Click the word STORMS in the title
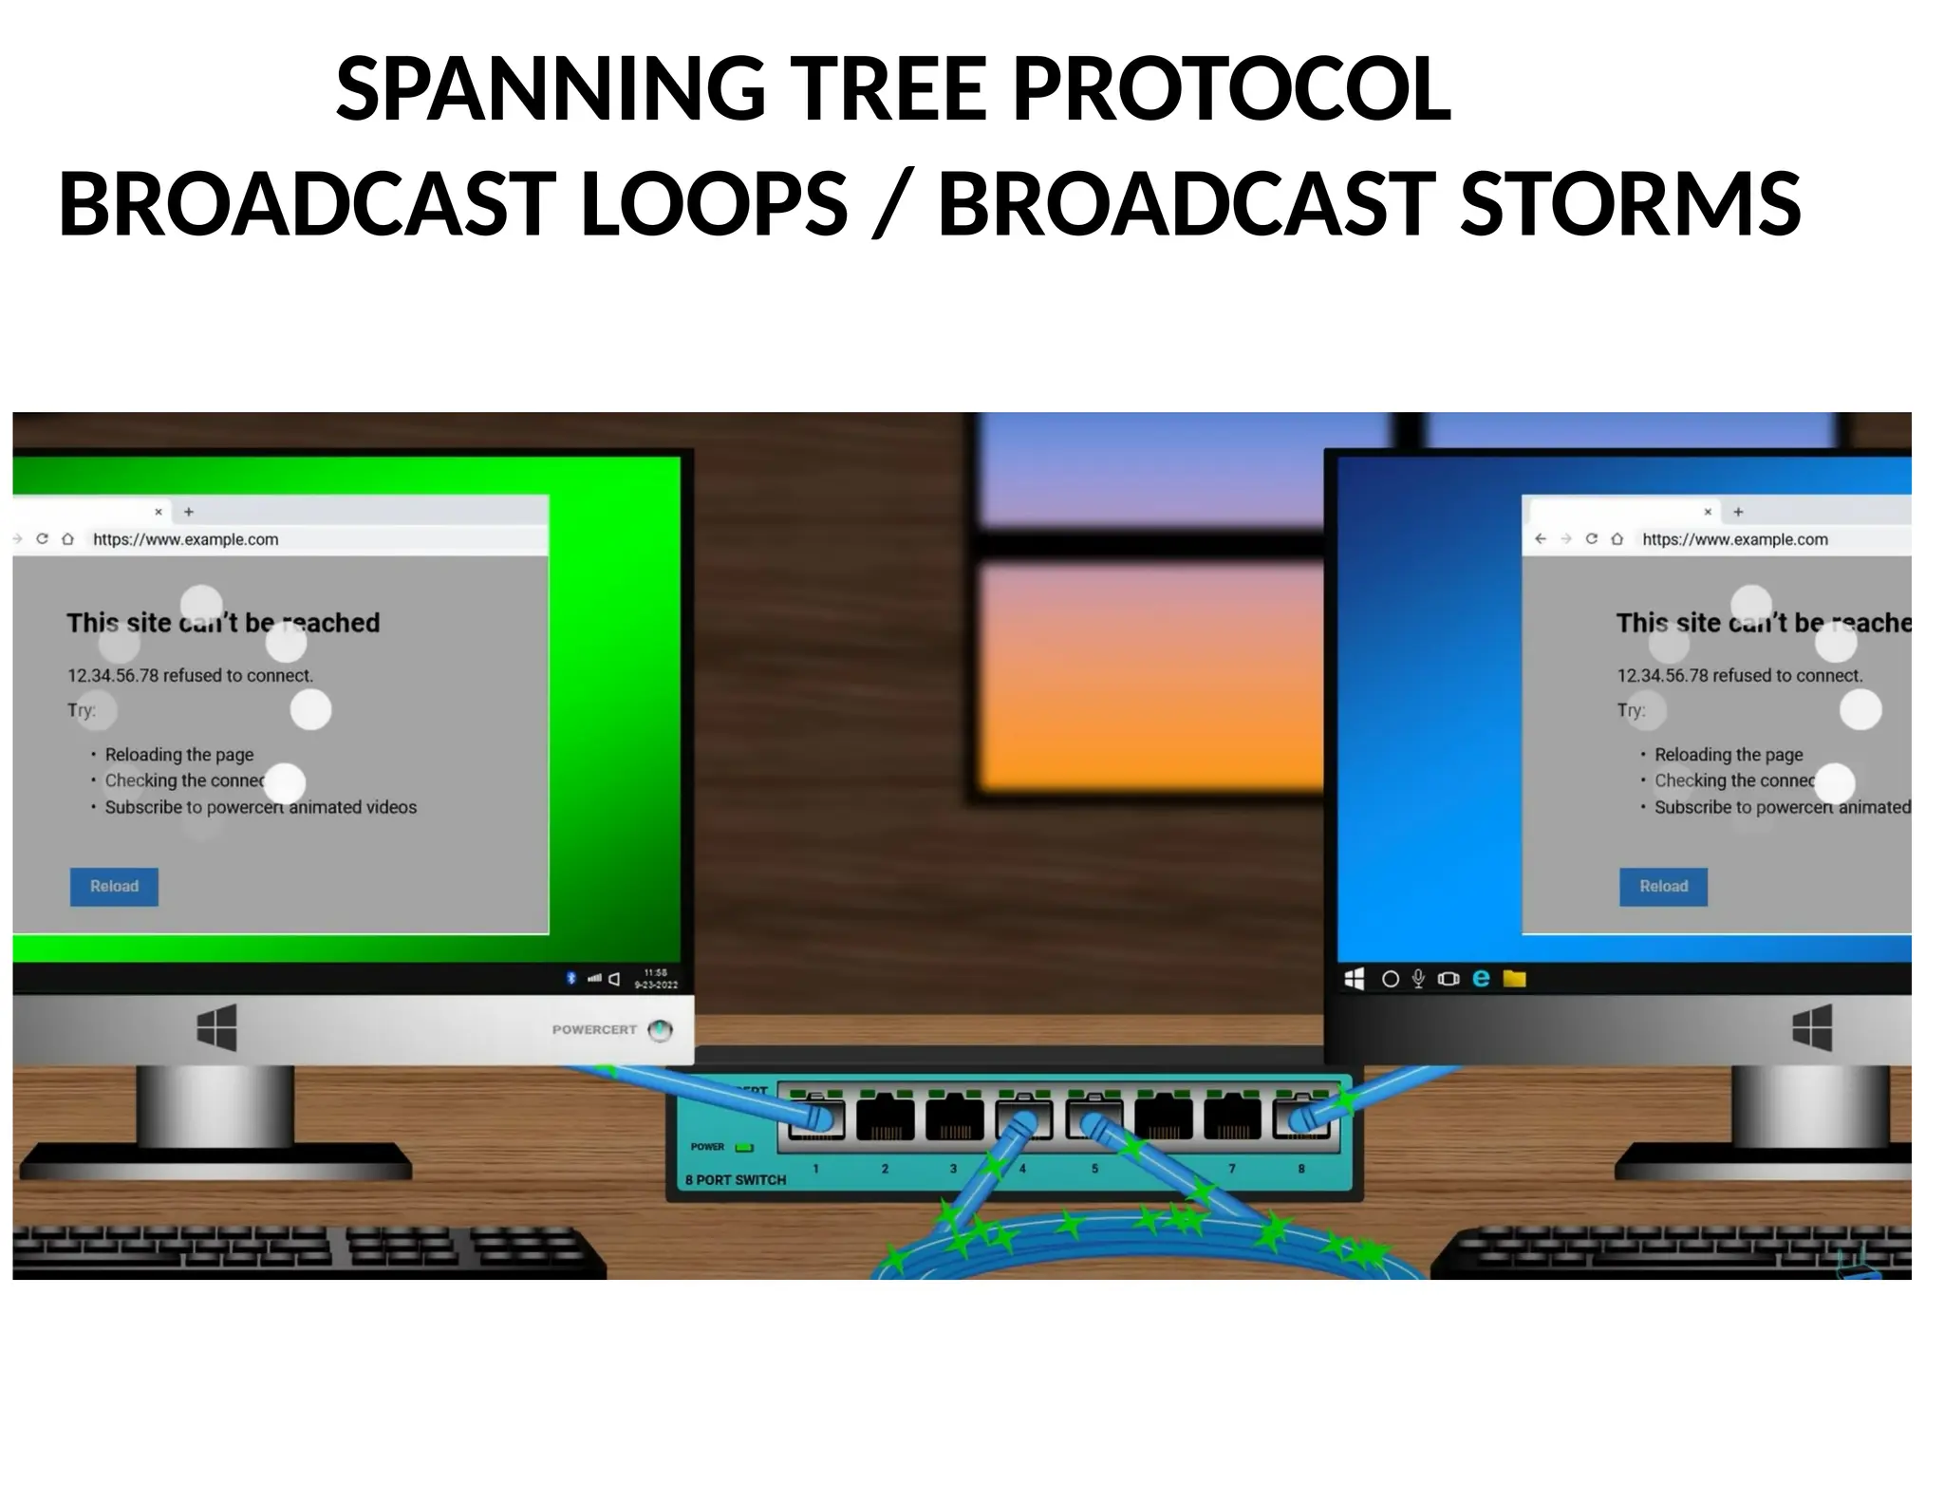1629,204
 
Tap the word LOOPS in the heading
713,204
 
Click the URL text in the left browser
186,539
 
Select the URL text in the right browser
1734,539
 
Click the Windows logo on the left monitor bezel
216,1028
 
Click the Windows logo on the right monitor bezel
1811,1028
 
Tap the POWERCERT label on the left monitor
594,1029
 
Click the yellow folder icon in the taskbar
1514,979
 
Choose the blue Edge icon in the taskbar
1481,979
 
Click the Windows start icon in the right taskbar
1355,979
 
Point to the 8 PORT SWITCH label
736,1180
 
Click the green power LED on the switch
744,1147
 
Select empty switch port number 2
885,1118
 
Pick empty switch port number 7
1232,1118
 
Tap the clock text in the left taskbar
656,979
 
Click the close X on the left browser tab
159,512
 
